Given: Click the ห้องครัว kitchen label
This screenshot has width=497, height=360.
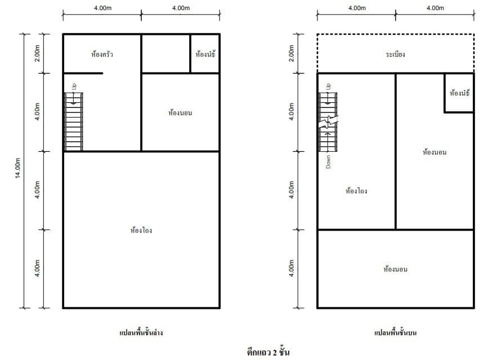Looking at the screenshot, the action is point(102,54).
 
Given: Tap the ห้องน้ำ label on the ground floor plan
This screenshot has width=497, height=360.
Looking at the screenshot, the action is point(205,54).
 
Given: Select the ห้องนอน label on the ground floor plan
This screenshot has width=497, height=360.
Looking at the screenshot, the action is point(180,112).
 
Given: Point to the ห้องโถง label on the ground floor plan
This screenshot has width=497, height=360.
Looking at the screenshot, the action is point(141,229).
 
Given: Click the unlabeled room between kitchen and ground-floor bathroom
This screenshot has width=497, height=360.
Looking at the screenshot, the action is point(166,54).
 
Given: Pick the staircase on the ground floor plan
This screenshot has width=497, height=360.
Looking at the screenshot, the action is point(73,121).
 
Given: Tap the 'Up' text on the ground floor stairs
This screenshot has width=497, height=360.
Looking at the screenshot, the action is point(74,87).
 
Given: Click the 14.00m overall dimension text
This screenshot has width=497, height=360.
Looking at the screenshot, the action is point(18,168).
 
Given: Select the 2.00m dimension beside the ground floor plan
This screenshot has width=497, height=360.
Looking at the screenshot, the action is point(37,53).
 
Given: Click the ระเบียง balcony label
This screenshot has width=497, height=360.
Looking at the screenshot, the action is point(395,54).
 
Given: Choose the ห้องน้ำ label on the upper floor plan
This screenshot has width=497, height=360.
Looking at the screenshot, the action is point(460,93).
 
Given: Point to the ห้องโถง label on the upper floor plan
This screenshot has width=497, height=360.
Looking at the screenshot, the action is point(356,191).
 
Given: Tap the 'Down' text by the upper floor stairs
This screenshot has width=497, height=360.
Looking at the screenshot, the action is point(328,161).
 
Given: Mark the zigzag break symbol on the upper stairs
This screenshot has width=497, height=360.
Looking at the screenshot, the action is point(328,121).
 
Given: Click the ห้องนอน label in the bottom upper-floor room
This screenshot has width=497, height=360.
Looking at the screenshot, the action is point(395,269).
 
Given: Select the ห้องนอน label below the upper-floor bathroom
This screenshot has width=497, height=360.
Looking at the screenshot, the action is point(435,152).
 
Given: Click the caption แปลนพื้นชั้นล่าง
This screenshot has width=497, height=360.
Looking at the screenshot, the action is point(141,332).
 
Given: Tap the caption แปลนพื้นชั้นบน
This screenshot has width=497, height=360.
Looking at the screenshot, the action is point(395,332).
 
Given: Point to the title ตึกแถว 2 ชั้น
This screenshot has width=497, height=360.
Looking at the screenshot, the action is point(268,352).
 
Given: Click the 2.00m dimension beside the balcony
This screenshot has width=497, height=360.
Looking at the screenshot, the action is point(292,53).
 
